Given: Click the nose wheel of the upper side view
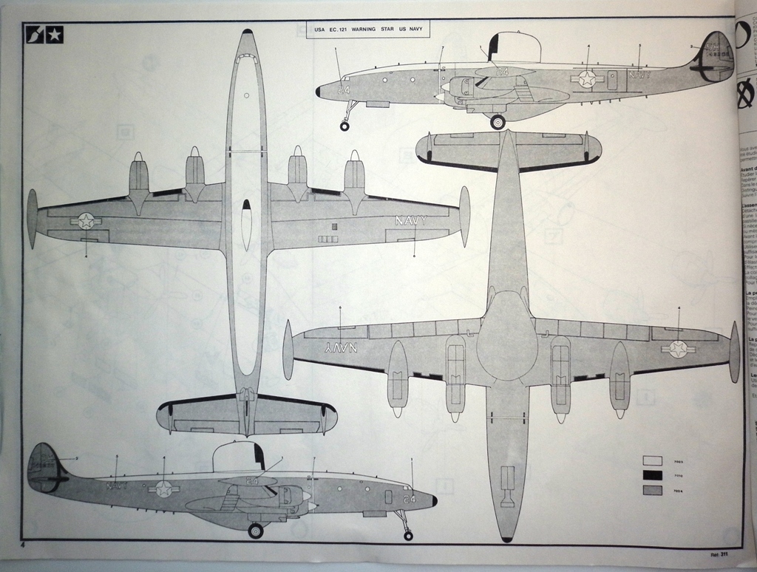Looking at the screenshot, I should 344,126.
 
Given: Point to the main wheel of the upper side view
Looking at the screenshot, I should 498,122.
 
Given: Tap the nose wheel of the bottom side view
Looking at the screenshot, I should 408,535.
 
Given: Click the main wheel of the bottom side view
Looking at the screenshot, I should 256,531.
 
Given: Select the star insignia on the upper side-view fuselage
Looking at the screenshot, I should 588,78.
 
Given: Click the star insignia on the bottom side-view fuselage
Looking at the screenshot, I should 163,488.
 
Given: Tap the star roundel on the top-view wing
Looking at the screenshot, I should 86,220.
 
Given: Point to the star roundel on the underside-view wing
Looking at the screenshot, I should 678,349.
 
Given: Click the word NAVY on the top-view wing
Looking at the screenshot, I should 411,220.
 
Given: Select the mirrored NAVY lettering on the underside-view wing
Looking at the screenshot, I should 341,347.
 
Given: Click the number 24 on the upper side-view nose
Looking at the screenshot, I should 343,90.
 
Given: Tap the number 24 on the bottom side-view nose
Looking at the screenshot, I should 409,499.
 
